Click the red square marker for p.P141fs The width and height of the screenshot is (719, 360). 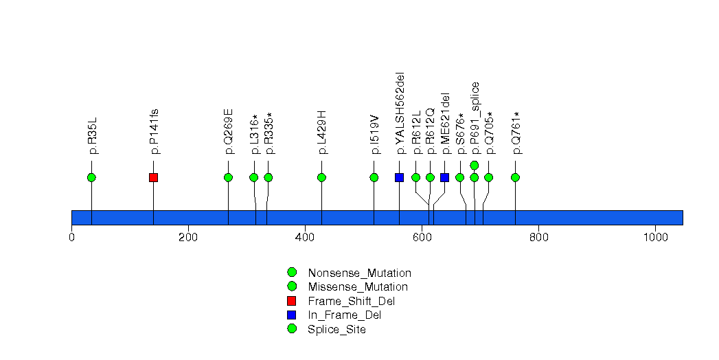coord(153,177)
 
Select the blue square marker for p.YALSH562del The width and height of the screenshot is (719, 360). coord(399,177)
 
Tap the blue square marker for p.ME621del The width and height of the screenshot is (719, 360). coord(444,177)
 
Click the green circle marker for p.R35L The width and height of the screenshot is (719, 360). coord(91,177)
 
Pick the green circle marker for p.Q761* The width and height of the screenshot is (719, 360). coord(515,177)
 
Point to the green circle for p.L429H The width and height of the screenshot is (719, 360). coord(321,177)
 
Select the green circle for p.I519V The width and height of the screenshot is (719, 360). coord(374,177)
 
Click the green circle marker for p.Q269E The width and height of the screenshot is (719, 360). coord(228,177)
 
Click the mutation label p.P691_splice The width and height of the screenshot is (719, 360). coord(475,117)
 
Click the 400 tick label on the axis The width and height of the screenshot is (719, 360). coord(305,237)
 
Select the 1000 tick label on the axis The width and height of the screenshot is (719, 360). coord(655,237)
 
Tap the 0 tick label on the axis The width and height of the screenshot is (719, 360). coord(71,237)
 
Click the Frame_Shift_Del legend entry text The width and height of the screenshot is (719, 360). coord(352,301)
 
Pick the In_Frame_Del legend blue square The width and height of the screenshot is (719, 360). coord(291,315)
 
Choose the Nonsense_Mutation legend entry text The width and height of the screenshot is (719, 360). coord(359,273)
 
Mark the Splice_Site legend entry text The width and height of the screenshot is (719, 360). coord(336,329)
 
